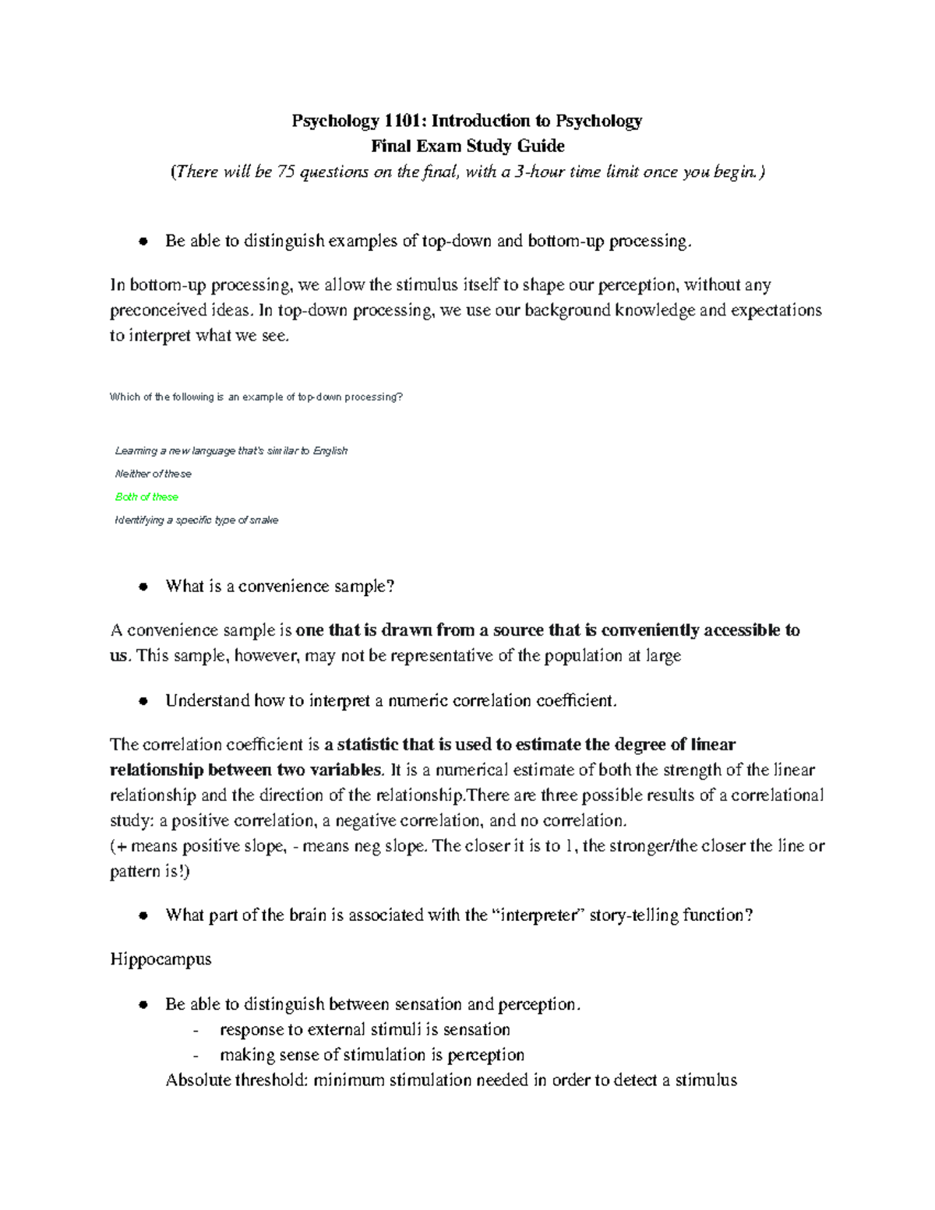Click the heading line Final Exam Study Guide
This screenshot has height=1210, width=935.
tap(467, 146)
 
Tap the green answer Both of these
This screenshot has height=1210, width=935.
tap(146, 497)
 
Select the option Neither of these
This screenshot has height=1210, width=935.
tap(153, 474)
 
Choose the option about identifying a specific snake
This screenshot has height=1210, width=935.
tap(196, 520)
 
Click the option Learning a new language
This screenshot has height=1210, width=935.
tap(231, 451)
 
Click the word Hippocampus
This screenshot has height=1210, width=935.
tap(161, 959)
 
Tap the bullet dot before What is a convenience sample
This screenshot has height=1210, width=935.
tap(143, 587)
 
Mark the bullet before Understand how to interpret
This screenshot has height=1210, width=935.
tap(143, 701)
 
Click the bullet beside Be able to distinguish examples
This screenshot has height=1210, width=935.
tap(143, 242)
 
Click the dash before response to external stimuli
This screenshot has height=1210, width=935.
tap(195, 1031)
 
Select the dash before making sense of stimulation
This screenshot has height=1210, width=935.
tap(195, 1056)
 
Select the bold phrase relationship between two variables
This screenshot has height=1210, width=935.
tap(245, 771)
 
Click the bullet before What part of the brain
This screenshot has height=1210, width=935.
tap(143, 916)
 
